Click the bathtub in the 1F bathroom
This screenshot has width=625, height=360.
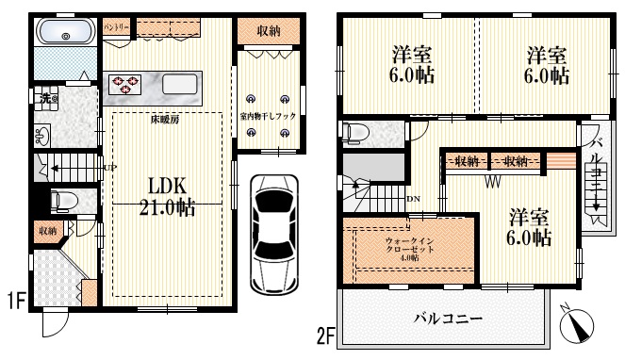pyautogui.click(x=63, y=36)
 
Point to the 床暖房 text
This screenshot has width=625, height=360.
pyautogui.click(x=164, y=121)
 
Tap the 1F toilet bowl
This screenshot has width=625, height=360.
pyautogui.click(x=62, y=202)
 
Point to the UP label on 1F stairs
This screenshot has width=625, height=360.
pyautogui.click(x=109, y=168)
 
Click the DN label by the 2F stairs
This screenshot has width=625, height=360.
pyautogui.click(x=413, y=199)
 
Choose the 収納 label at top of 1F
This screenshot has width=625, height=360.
pyautogui.click(x=269, y=31)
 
